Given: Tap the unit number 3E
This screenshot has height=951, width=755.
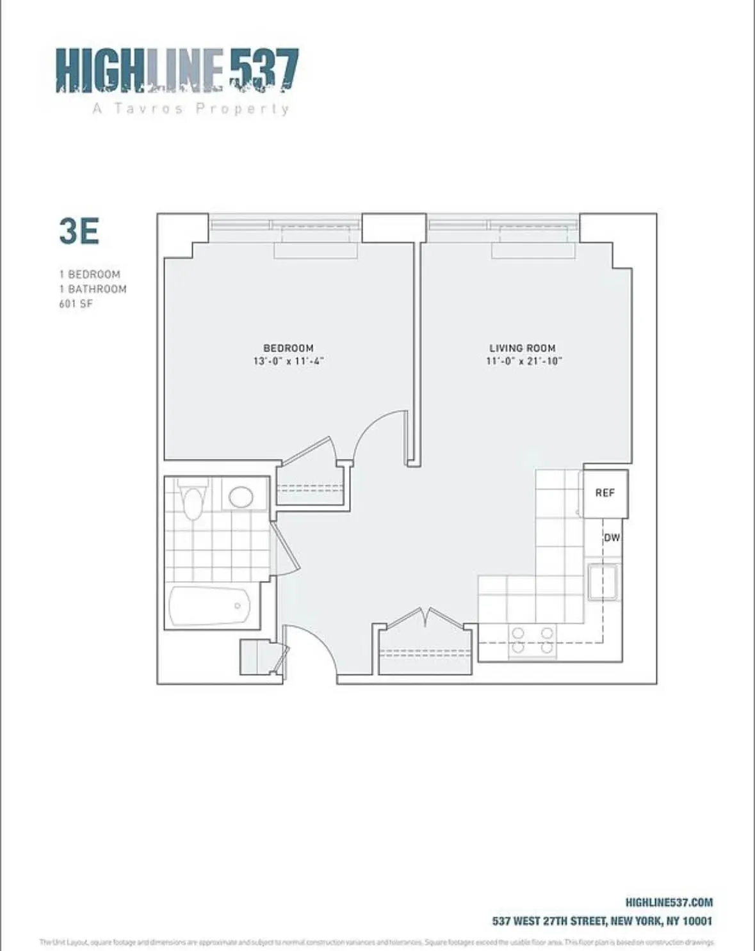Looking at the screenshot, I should click(x=79, y=231).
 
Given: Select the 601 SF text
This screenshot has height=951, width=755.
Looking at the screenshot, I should click(x=76, y=304).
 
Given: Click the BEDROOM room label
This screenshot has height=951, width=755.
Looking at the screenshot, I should click(x=288, y=348).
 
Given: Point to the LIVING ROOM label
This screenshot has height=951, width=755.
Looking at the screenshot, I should click(x=522, y=348).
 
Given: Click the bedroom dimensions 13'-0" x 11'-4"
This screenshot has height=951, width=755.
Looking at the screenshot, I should click(x=288, y=361).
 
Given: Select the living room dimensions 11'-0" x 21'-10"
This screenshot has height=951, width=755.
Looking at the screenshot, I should click(x=524, y=361).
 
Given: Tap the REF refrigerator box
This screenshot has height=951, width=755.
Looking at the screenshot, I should click(x=605, y=493).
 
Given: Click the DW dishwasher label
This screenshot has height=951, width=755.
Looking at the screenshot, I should click(x=612, y=538).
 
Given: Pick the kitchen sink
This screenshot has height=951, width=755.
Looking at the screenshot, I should click(x=602, y=581).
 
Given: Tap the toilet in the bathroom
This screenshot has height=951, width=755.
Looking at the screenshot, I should click(x=193, y=500).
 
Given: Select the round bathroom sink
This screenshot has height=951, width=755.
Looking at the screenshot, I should click(x=241, y=496).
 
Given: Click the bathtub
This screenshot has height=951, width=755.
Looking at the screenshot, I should click(x=209, y=605).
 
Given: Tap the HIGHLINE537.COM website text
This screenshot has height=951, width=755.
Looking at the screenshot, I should click(x=669, y=902).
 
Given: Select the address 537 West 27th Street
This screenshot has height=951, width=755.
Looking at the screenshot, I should click(x=601, y=921).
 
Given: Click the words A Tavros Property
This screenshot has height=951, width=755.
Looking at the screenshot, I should click(x=191, y=108).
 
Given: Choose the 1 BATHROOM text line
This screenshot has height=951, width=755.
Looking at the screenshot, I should click(x=93, y=289).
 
